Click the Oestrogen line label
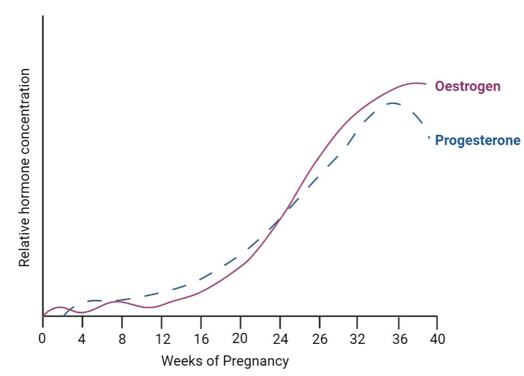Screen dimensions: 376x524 click(467, 87)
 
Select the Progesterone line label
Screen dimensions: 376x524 click(478, 141)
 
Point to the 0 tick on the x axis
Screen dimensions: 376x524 click(42, 339)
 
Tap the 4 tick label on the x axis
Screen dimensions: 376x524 click(81, 339)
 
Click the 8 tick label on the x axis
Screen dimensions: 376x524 click(122, 339)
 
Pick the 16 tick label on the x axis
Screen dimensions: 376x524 click(201, 339)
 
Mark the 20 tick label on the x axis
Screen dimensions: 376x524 click(240, 338)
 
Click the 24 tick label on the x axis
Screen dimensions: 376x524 click(280, 339)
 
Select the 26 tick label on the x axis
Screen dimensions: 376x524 click(320, 339)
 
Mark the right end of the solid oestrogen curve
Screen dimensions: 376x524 click(426, 84)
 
